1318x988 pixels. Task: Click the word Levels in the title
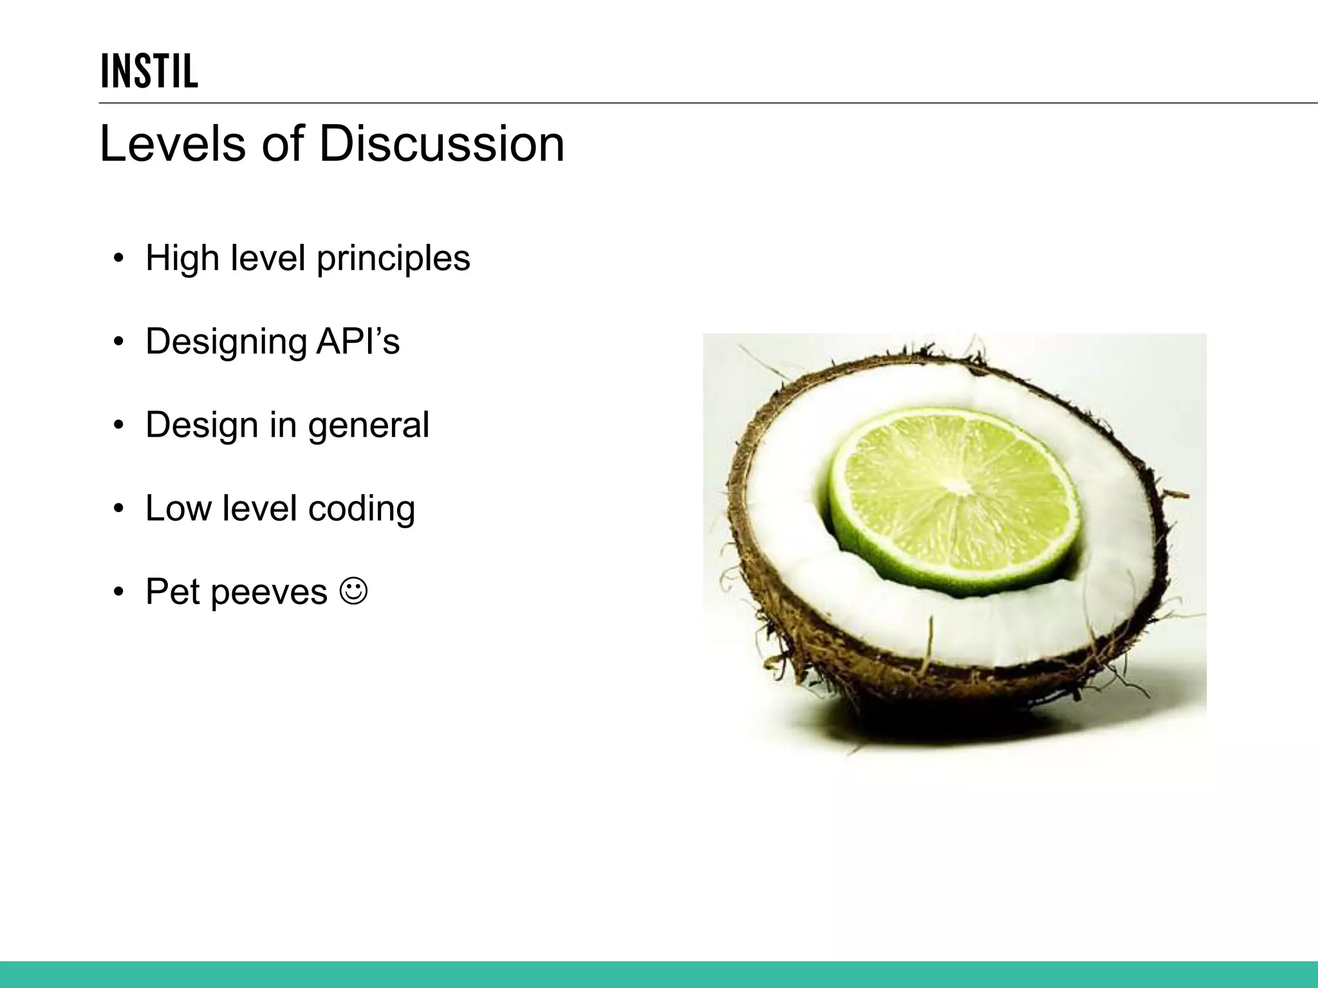click(172, 143)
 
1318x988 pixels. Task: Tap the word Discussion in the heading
click(441, 143)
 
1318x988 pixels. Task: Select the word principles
click(393, 259)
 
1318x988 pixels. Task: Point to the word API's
click(358, 341)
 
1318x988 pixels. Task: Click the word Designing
click(226, 342)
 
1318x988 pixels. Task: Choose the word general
click(368, 426)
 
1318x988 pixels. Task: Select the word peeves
click(269, 592)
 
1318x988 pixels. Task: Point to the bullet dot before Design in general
click(118, 426)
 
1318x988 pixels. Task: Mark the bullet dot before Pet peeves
click(118, 592)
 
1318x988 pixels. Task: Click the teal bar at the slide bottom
click(659, 974)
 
